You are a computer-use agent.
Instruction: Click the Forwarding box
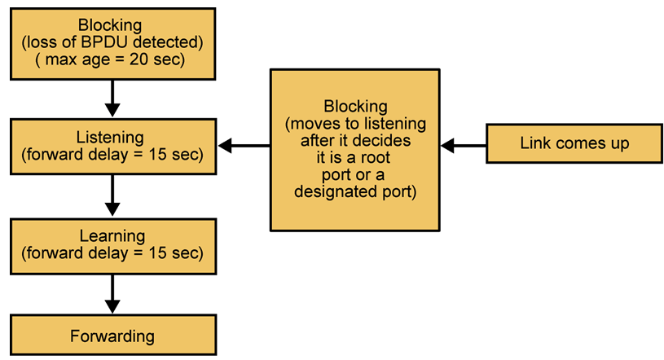[113, 335]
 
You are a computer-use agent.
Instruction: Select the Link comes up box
[574, 144]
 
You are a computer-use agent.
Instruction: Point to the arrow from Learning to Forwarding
[113, 294]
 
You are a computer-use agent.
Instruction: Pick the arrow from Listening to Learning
[113, 195]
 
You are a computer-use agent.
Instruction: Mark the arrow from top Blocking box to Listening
[113, 99]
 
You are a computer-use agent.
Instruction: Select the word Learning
[112, 237]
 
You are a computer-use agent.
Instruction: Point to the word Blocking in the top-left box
[112, 24]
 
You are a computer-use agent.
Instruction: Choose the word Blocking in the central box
[356, 107]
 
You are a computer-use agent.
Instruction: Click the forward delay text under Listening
[112, 154]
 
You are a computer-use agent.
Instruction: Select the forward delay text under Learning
[112, 252]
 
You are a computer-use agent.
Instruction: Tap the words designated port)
[356, 193]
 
